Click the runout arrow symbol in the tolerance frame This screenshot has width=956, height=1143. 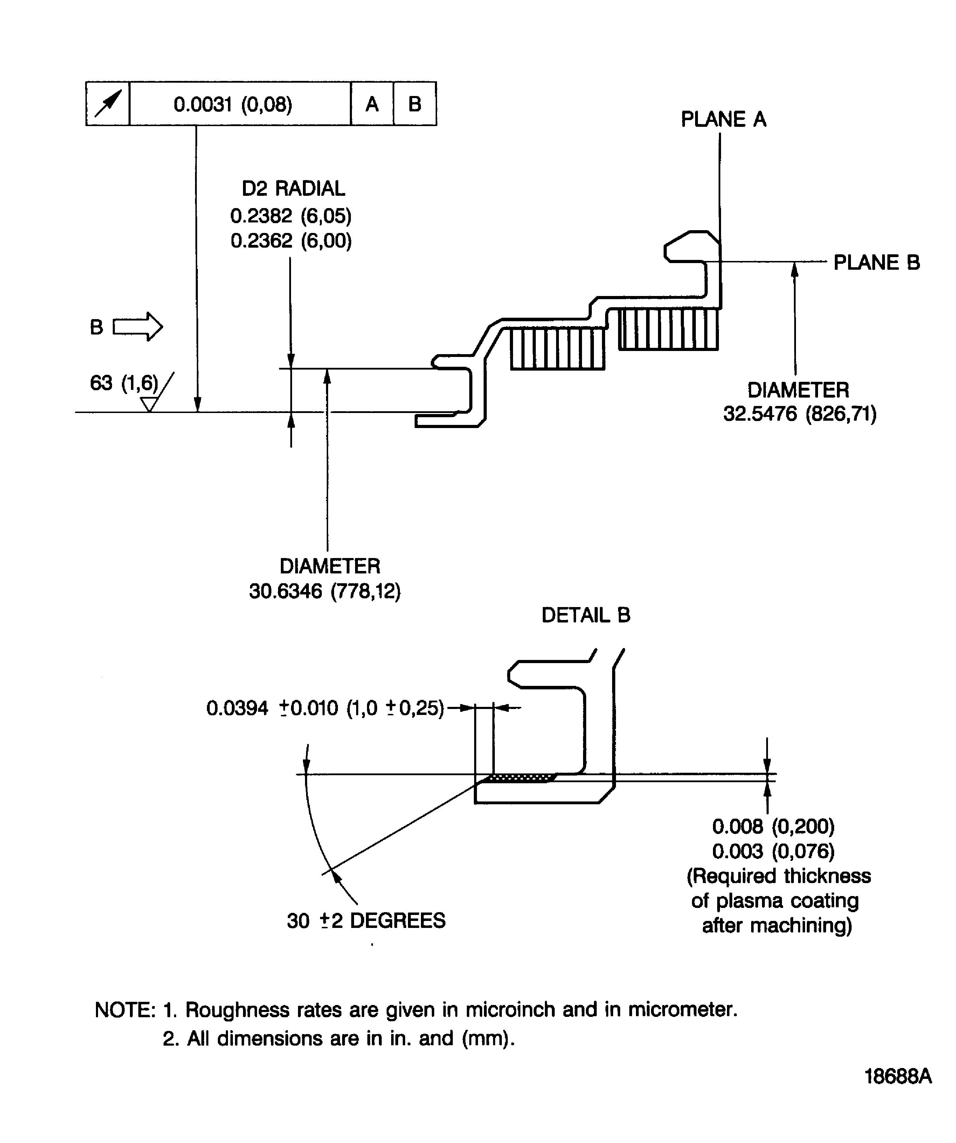(108, 103)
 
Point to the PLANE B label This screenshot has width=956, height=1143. (876, 262)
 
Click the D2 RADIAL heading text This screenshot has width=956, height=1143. (293, 188)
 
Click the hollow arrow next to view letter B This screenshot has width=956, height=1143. (138, 326)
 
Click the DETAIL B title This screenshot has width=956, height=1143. (586, 615)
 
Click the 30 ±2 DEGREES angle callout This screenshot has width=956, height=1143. (366, 920)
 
